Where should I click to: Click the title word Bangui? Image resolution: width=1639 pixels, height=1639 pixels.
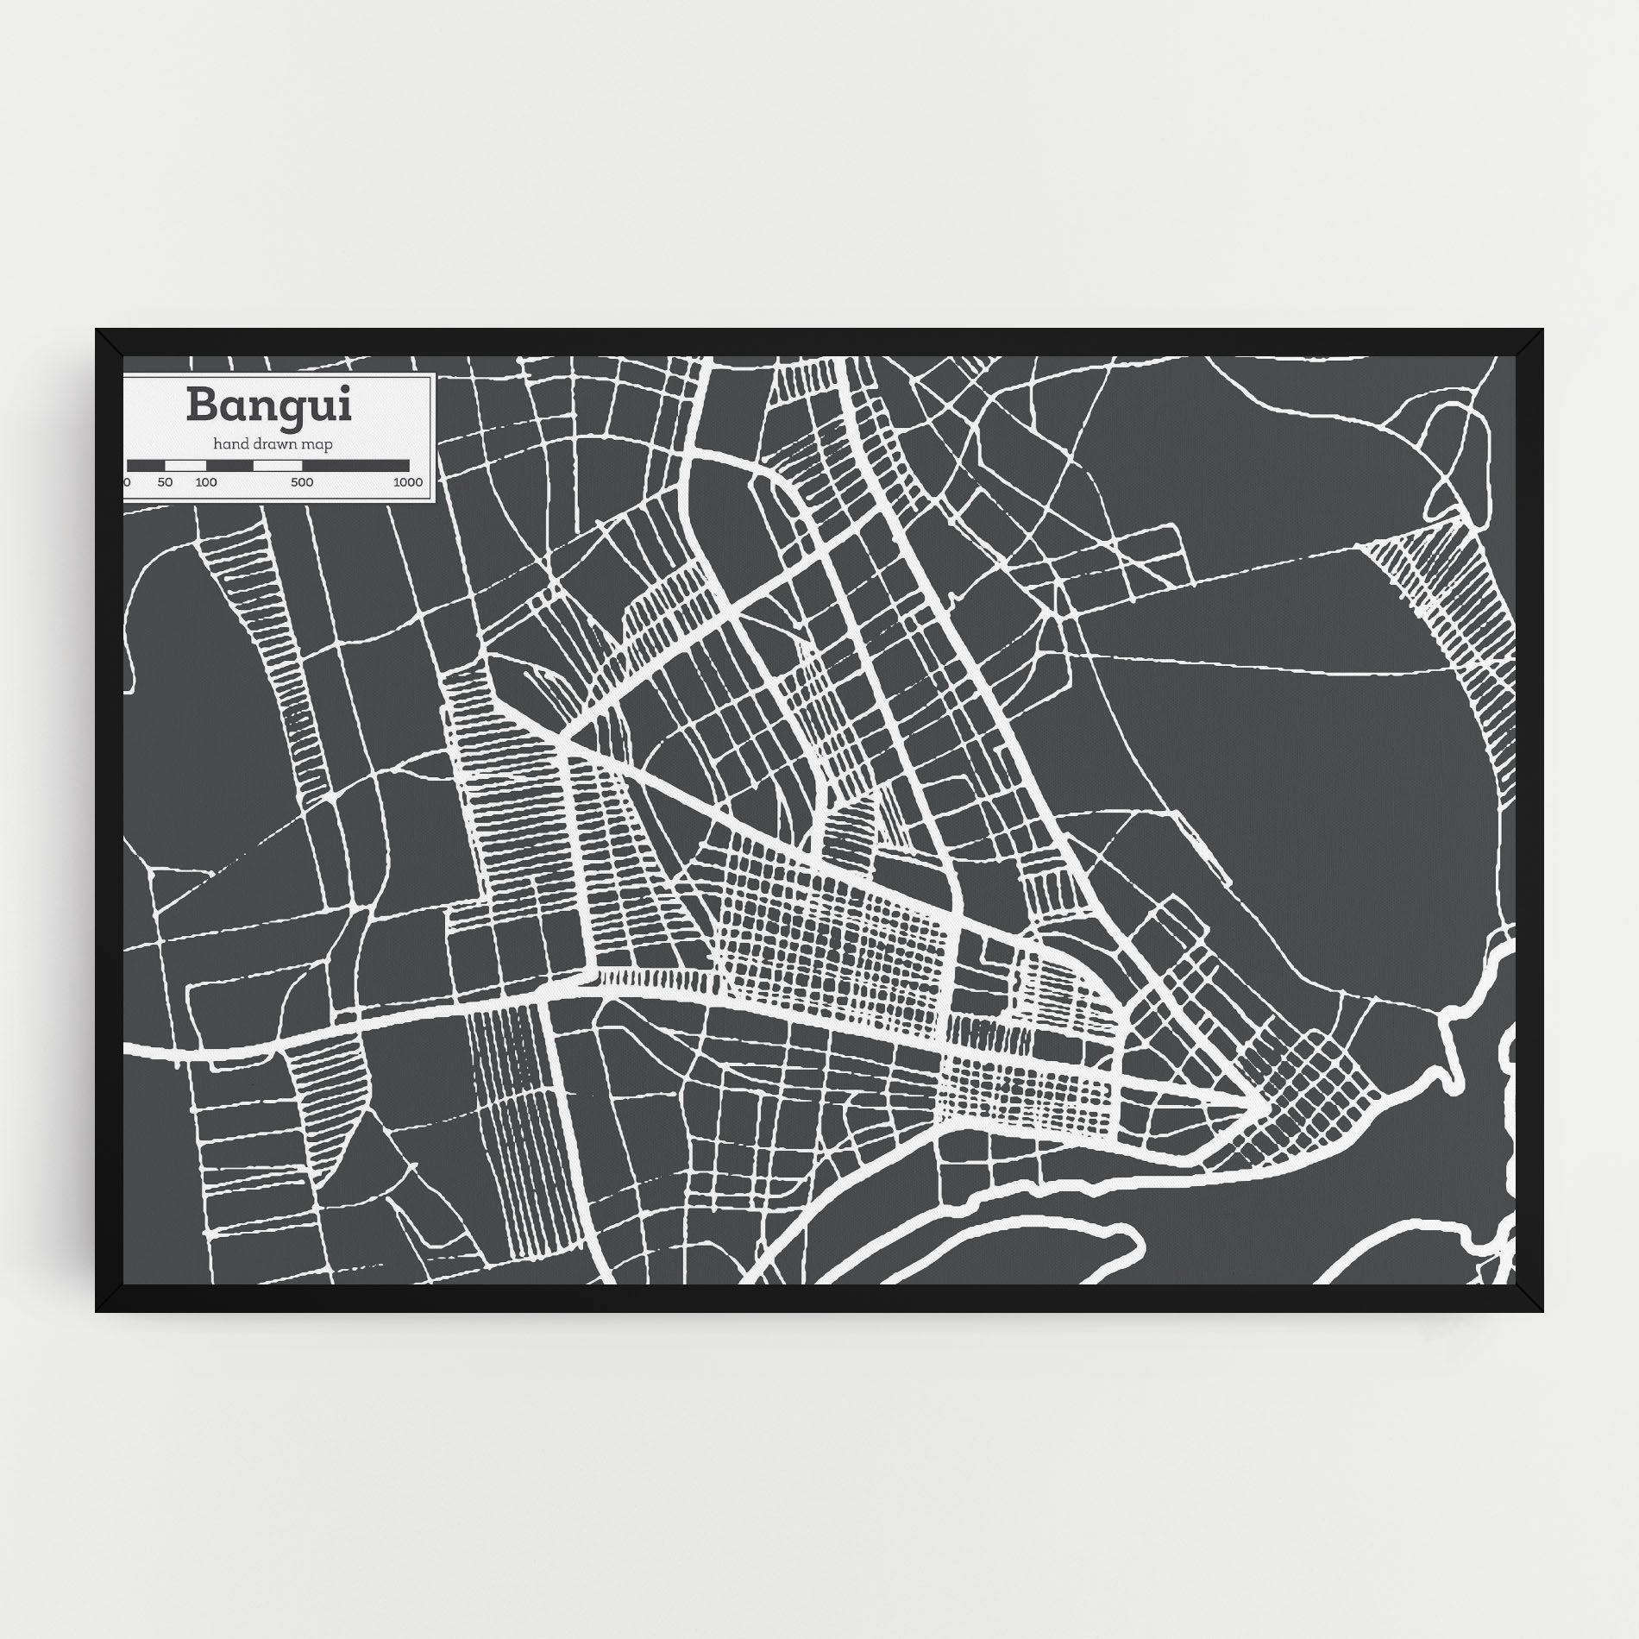point(268,406)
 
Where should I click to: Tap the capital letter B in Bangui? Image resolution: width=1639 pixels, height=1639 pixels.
point(200,405)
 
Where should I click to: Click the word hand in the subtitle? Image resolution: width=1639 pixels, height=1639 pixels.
point(231,444)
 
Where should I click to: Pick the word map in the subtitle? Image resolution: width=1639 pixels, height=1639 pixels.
point(319,444)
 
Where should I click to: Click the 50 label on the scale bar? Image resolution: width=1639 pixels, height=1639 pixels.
point(165,482)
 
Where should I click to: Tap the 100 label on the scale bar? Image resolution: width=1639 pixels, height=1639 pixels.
point(205,482)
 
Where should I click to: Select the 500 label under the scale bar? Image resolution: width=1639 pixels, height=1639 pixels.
point(301,482)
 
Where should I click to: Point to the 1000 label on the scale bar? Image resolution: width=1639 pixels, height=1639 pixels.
point(407,482)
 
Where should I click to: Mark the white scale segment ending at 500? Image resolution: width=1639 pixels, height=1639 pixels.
point(277,465)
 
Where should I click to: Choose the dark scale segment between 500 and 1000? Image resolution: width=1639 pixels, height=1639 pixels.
point(361,465)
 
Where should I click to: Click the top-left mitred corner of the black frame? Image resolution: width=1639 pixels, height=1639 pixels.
point(107,340)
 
